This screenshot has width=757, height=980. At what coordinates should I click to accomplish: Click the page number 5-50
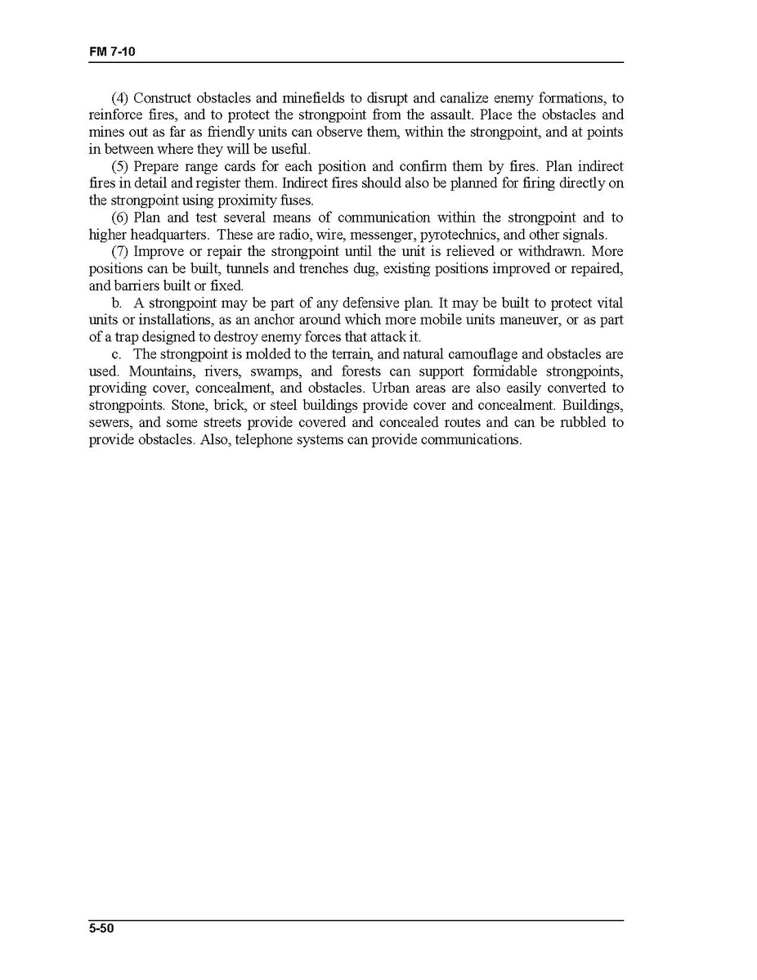[x=101, y=928]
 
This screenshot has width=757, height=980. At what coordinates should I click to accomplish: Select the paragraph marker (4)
[x=120, y=98]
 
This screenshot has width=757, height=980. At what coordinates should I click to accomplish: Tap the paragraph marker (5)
[x=120, y=166]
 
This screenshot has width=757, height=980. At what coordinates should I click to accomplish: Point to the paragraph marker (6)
[x=120, y=218]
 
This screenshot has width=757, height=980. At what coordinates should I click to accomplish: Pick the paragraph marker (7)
[x=120, y=252]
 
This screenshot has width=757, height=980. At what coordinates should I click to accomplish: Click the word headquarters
[x=170, y=235]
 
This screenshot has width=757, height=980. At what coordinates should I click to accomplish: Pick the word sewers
[x=110, y=423]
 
